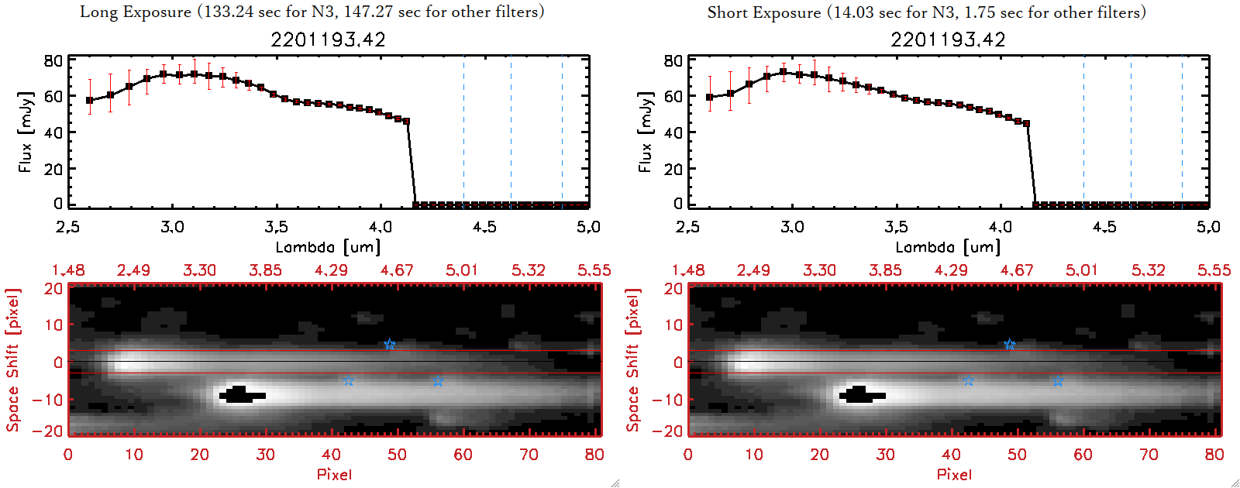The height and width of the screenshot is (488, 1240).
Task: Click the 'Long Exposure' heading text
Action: (136, 12)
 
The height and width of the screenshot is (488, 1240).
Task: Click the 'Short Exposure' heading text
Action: (763, 12)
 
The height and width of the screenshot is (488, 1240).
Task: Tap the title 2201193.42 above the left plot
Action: (328, 40)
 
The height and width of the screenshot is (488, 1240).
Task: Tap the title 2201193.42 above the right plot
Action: (948, 40)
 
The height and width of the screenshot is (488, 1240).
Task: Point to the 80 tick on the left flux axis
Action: (53, 60)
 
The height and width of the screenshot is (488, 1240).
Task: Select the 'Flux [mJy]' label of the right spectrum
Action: (645, 132)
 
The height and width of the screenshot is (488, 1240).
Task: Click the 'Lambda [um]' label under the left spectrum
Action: (328, 247)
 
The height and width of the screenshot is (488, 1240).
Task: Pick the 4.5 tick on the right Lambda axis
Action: (1104, 227)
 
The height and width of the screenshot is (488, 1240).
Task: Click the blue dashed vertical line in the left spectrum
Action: (463, 132)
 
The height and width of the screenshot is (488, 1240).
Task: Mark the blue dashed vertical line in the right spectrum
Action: (1083, 132)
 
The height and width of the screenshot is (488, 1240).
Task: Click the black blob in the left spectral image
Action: (241, 395)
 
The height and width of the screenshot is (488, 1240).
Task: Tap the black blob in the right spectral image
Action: (861, 395)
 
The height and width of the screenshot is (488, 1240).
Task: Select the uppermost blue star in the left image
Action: (390, 344)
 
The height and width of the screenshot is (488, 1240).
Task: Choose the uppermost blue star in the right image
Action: (1010, 344)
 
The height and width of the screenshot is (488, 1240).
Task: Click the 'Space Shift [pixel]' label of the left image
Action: (12, 360)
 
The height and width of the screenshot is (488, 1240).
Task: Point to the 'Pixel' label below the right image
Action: (954, 474)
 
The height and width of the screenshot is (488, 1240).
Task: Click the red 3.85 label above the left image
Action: (265, 270)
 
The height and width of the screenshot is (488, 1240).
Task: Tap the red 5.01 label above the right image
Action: (1082, 270)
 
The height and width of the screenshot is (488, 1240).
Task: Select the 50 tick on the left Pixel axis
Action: (397, 455)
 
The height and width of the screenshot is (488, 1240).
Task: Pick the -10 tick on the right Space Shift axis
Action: (667, 400)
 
